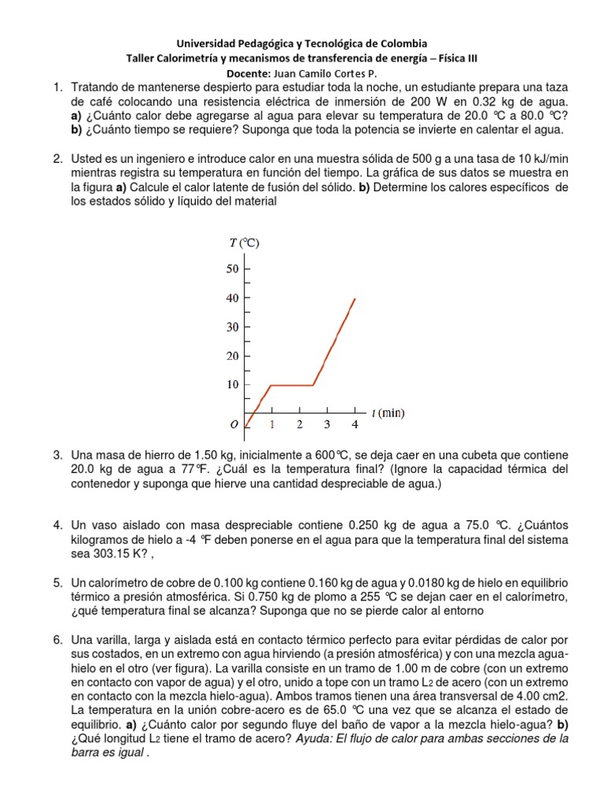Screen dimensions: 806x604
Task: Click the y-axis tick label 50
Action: tap(232, 269)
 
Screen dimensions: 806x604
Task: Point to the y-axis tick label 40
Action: tap(232, 298)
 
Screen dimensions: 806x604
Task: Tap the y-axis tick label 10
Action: tap(232, 385)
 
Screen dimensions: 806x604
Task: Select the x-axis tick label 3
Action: tap(326, 425)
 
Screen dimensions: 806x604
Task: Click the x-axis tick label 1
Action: tap(272, 425)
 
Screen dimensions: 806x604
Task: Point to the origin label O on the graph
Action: tap(234, 425)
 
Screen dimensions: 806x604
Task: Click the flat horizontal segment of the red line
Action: tap(292, 385)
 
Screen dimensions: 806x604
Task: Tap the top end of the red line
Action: tap(355, 298)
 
